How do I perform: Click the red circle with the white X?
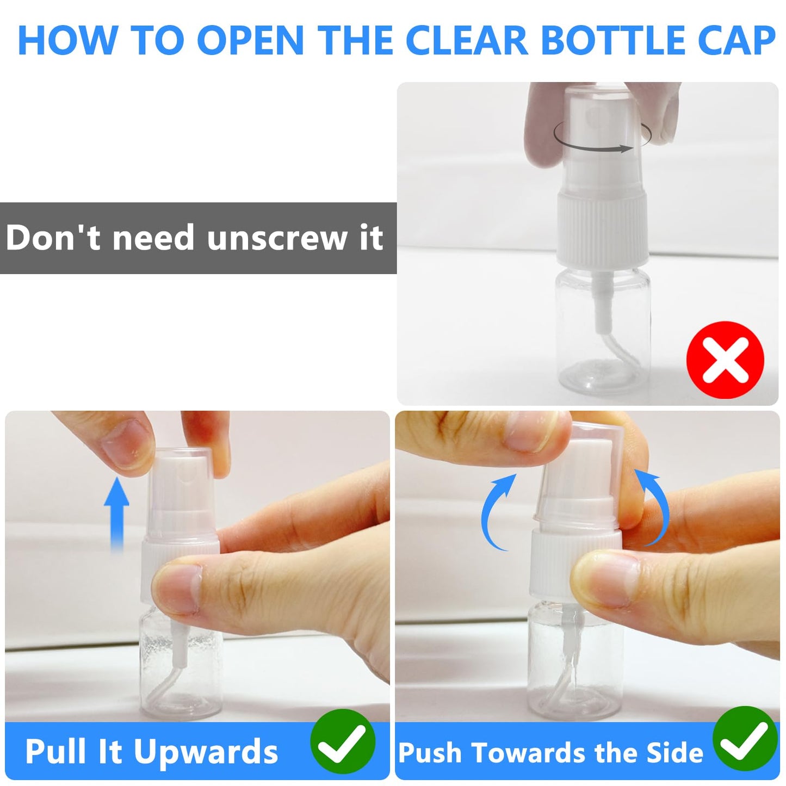pyautogui.click(x=725, y=360)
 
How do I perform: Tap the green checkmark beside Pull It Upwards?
pyautogui.click(x=342, y=741)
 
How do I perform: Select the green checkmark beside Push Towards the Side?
pyautogui.click(x=745, y=739)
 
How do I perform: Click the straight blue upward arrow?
pyautogui.click(x=116, y=515)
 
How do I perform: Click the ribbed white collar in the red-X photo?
pyautogui.click(x=603, y=229)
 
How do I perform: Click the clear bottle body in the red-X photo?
pyautogui.click(x=603, y=330)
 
